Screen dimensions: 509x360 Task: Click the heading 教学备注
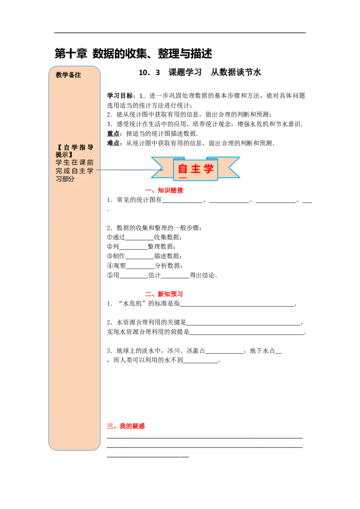[x=68, y=75]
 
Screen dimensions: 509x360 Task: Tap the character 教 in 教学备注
[x=59, y=75]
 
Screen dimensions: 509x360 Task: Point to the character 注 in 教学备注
[x=78, y=75]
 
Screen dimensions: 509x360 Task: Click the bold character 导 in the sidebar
[x=90, y=147]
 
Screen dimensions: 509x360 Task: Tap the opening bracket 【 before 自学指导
[x=58, y=147]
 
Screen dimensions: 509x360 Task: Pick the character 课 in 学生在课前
[x=82, y=162]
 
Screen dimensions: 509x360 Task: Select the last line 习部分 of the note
[x=65, y=179]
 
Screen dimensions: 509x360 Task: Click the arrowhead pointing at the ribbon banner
[x=158, y=170]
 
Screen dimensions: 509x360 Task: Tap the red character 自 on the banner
[x=183, y=169]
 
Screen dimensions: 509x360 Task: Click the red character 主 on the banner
[x=195, y=169]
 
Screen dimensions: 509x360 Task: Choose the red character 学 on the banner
[x=208, y=169]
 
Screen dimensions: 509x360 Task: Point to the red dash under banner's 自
[x=183, y=178]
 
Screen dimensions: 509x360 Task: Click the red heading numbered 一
[x=164, y=191]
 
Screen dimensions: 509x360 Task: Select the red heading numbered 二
[x=164, y=295]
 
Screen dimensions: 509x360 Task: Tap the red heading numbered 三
[x=126, y=426]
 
